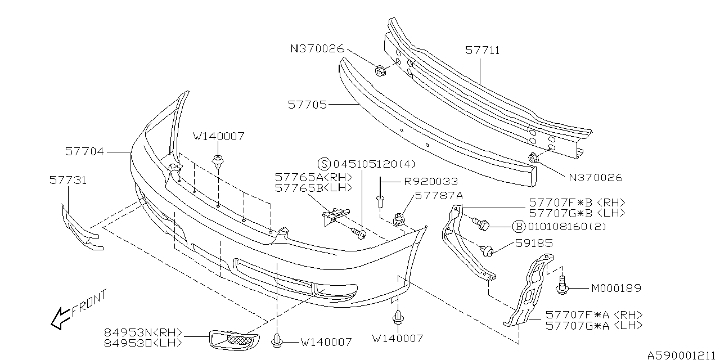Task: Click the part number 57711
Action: tap(482, 51)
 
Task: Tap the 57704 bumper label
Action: tap(84, 151)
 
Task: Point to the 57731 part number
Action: tap(67, 180)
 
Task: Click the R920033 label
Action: tap(431, 182)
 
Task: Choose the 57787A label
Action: tap(439, 196)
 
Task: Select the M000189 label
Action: tap(616, 289)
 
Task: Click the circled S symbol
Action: tap(324, 164)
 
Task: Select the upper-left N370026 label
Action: tap(317, 49)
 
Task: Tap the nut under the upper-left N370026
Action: tap(380, 71)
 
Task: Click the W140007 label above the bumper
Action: tap(219, 136)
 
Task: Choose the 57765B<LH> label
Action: tap(313, 187)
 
